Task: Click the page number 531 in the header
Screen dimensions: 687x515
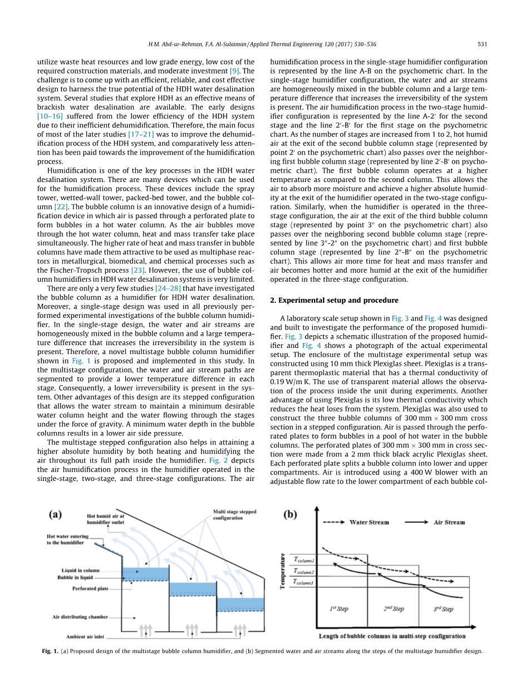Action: tap(483, 45)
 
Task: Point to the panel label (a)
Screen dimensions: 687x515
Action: tap(55, 514)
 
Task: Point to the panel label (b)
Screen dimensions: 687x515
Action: tap(291, 514)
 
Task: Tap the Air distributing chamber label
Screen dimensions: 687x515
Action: tap(80, 617)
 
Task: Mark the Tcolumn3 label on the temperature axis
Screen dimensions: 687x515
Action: tap(304, 583)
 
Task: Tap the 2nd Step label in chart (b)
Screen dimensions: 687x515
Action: tap(394, 609)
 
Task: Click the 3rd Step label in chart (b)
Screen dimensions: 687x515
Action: tap(443, 609)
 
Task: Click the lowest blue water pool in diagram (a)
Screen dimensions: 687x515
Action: tap(239, 604)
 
